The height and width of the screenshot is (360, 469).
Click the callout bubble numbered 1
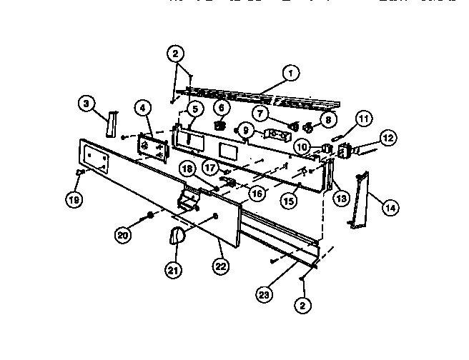[290, 72]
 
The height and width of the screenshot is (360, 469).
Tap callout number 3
[87, 105]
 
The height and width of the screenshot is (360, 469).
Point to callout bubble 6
[221, 108]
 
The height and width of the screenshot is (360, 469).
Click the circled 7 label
[261, 112]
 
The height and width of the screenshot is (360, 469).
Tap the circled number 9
[245, 130]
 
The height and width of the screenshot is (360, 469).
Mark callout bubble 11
[365, 118]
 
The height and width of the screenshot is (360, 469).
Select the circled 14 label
[390, 208]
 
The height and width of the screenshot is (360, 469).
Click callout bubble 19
[73, 200]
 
